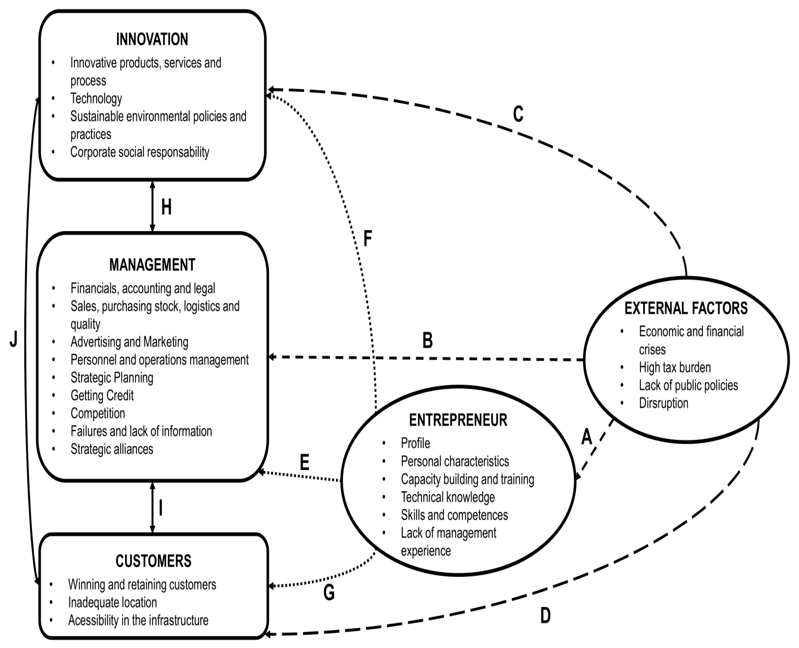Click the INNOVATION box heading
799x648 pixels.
point(152,39)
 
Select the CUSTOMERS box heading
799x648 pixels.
point(153,561)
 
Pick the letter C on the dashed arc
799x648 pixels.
point(518,114)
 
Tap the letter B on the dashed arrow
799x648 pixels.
point(427,340)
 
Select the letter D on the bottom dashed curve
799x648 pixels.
point(546,616)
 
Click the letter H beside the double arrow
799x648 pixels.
point(166,207)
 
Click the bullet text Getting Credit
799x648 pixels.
point(102,395)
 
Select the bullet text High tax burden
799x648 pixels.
point(675,367)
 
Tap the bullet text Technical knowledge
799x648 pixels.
point(448,497)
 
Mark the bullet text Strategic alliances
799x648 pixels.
point(112,449)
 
